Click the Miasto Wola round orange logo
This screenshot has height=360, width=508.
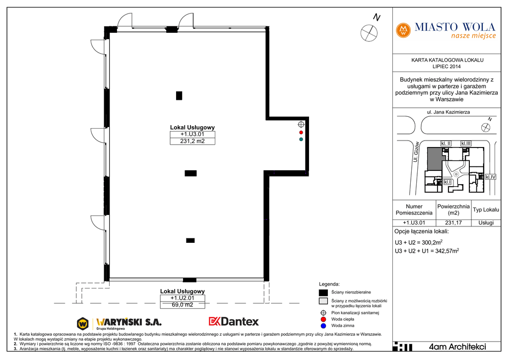pyautogui.click(x=403, y=30)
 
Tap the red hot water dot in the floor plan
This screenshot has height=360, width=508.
pyautogui.click(x=301, y=132)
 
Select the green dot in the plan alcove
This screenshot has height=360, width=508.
pyautogui.click(x=301, y=139)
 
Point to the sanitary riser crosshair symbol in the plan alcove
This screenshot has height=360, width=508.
pyautogui.click(x=301, y=124)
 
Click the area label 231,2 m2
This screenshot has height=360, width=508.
pyautogui.click(x=192, y=141)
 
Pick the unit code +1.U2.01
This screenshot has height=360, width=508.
pyautogui.click(x=183, y=298)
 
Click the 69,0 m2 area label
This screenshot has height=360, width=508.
pyautogui.click(x=183, y=305)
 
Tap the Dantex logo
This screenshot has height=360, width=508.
pyautogui.click(x=234, y=321)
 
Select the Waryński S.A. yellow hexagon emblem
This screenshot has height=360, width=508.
pyautogui.click(x=83, y=324)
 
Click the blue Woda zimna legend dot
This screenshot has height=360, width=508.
pyautogui.click(x=323, y=326)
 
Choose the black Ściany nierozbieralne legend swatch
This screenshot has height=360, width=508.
pyautogui.click(x=323, y=292)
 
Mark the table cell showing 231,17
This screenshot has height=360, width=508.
pyautogui.click(x=453, y=223)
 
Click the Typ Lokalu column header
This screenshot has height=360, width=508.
pyautogui.click(x=486, y=210)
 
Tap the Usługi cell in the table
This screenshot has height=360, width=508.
pyautogui.click(x=486, y=223)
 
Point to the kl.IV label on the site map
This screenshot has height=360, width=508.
pyautogui.click(x=490, y=177)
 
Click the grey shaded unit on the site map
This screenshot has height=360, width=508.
pyautogui.click(x=435, y=158)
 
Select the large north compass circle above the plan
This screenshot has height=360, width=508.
pyautogui.click(x=369, y=33)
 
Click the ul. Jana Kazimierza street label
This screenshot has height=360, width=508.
pyautogui.click(x=448, y=112)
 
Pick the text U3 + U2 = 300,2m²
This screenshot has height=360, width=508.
pyautogui.click(x=419, y=242)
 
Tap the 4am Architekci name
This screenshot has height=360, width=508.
pyautogui.click(x=457, y=347)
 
